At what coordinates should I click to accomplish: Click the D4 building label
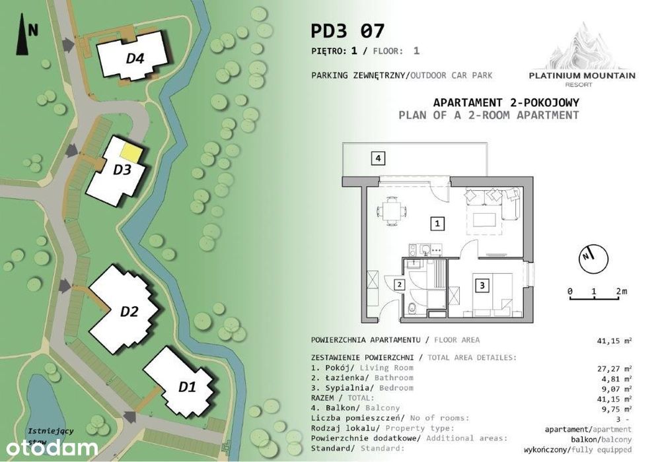[x=135, y=58]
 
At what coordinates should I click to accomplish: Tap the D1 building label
[x=187, y=387]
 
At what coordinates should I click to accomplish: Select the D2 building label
[x=129, y=312]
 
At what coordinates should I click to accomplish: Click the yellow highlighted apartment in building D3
[x=131, y=152]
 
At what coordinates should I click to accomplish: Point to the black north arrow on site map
[x=22, y=34]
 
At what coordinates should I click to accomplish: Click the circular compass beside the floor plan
[x=593, y=259]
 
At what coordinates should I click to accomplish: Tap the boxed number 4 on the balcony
[x=378, y=158]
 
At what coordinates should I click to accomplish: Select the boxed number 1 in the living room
[x=437, y=223]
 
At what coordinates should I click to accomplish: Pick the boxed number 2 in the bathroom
[x=400, y=284]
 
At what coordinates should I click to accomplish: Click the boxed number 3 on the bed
[x=483, y=285]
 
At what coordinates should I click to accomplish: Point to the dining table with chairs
[x=391, y=211]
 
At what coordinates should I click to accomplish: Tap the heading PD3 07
[x=347, y=31]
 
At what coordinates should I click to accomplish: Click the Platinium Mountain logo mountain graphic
[x=583, y=46]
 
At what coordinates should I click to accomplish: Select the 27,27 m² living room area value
[x=614, y=368]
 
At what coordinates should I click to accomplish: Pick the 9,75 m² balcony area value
[x=614, y=409]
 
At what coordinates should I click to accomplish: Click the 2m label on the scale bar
[x=622, y=291]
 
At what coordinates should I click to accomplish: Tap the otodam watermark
[x=52, y=448]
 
